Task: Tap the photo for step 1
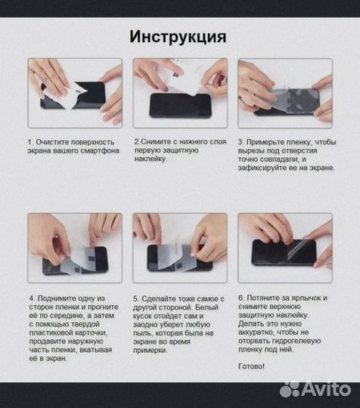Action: (x=75, y=92)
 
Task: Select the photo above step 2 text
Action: (x=179, y=92)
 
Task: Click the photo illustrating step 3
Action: (x=285, y=92)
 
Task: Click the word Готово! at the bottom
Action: (x=252, y=366)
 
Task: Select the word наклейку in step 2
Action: (x=151, y=159)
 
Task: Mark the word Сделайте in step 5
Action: (x=163, y=298)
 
